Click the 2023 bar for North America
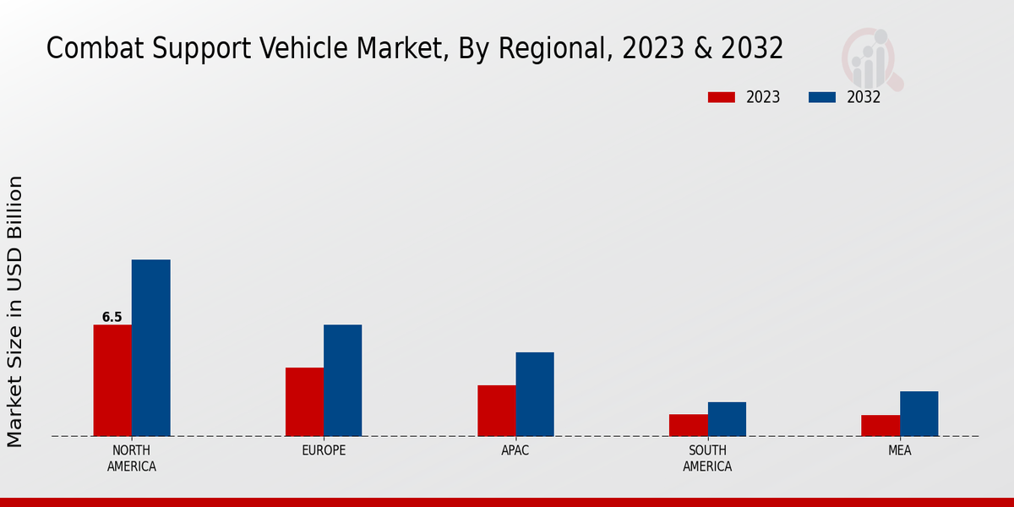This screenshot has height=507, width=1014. pyautogui.click(x=112, y=380)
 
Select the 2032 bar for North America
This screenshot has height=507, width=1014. pyautogui.click(x=150, y=347)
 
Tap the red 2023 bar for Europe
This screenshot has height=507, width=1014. pyautogui.click(x=304, y=401)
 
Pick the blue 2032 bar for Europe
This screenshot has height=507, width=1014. pyautogui.click(x=342, y=380)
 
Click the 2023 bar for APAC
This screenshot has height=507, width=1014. pyautogui.click(x=497, y=411)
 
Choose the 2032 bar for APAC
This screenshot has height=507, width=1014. pyautogui.click(x=535, y=394)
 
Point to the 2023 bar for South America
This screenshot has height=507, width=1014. pyautogui.click(x=689, y=425)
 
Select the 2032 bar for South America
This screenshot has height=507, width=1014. pyautogui.click(x=727, y=419)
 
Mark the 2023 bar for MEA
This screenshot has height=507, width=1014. pyautogui.click(x=880, y=426)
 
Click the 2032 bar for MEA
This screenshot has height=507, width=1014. pyautogui.click(x=919, y=413)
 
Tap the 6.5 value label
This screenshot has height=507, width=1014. pyautogui.click(x=112, y=318)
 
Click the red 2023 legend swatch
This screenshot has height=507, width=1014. pyautogui.click(x=722, y=97)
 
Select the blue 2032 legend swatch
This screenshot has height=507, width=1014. pyautogui.click(x=822, y=97)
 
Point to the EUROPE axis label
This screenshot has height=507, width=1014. pyautogui.click(x=324, y=450)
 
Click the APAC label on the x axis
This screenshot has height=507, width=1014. pyautogui.click(x=515, y=450)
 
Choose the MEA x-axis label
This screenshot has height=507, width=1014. pyautogui.click(x=899, y=450)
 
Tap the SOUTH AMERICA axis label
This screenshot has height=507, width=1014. pyautogui.click(x=707, y=458)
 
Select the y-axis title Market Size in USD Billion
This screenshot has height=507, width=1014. pyautogui.click(x=15, y=311)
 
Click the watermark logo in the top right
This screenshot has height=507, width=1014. pyautogui.click(x=870, y=57)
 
